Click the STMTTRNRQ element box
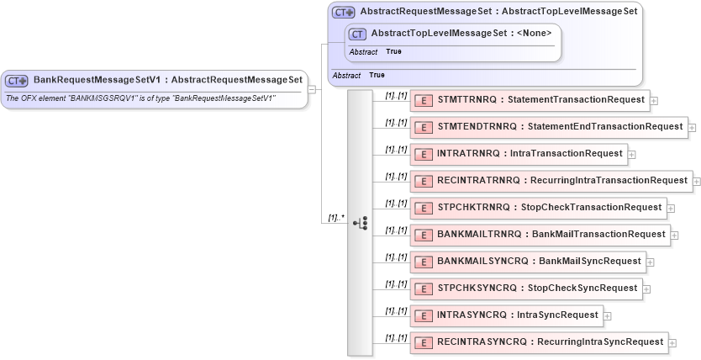pos(529,100)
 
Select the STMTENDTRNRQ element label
pos(560,127)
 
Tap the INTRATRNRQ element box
pos(519,154)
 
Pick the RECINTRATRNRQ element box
pos(551,181)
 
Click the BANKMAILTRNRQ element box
pos(540,235)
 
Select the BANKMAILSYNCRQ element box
pos(528,262)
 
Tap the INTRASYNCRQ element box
pos(506,315)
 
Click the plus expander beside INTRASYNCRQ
pos(608,316)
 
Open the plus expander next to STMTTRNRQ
pos(654,101)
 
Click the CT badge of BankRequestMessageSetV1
pos(17,81)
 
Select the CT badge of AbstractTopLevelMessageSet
pos(358,34)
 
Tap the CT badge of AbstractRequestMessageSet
pos(344,13)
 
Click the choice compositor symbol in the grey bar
pos(360,223)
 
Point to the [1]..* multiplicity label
pos(335,218)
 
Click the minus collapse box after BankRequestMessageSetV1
pos(312,87)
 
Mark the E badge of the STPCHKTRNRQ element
pos(424,208)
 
